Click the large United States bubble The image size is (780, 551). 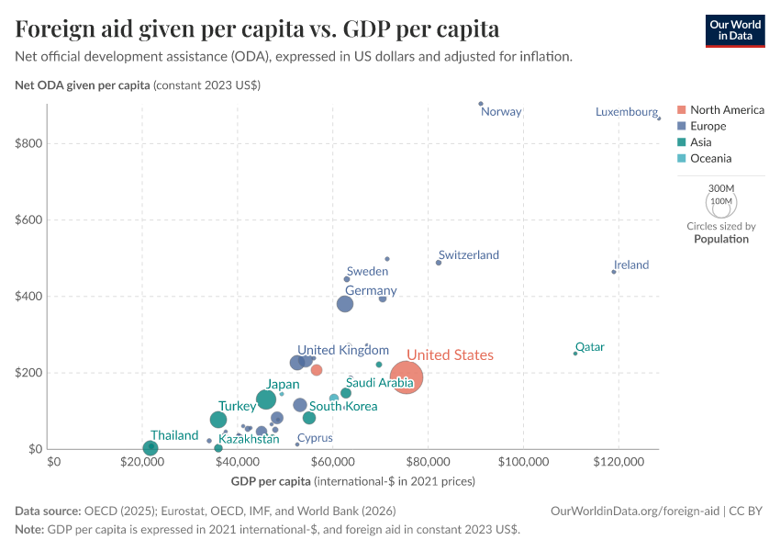407,377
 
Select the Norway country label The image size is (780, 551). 501,112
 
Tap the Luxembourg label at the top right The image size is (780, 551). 626,112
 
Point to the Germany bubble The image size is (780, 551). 345,304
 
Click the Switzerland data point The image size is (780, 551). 439,263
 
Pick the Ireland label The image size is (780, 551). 630,265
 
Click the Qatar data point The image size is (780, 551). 575,354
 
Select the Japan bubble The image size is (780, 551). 266,399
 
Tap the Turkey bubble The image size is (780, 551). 218,420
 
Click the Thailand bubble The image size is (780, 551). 150,448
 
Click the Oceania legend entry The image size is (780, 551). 710,159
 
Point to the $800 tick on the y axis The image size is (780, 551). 32,144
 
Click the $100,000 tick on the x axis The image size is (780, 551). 524,462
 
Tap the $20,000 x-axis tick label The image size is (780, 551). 142,462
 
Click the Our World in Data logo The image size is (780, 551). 735,30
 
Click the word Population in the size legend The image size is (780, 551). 721,239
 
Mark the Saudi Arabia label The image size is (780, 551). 379,383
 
